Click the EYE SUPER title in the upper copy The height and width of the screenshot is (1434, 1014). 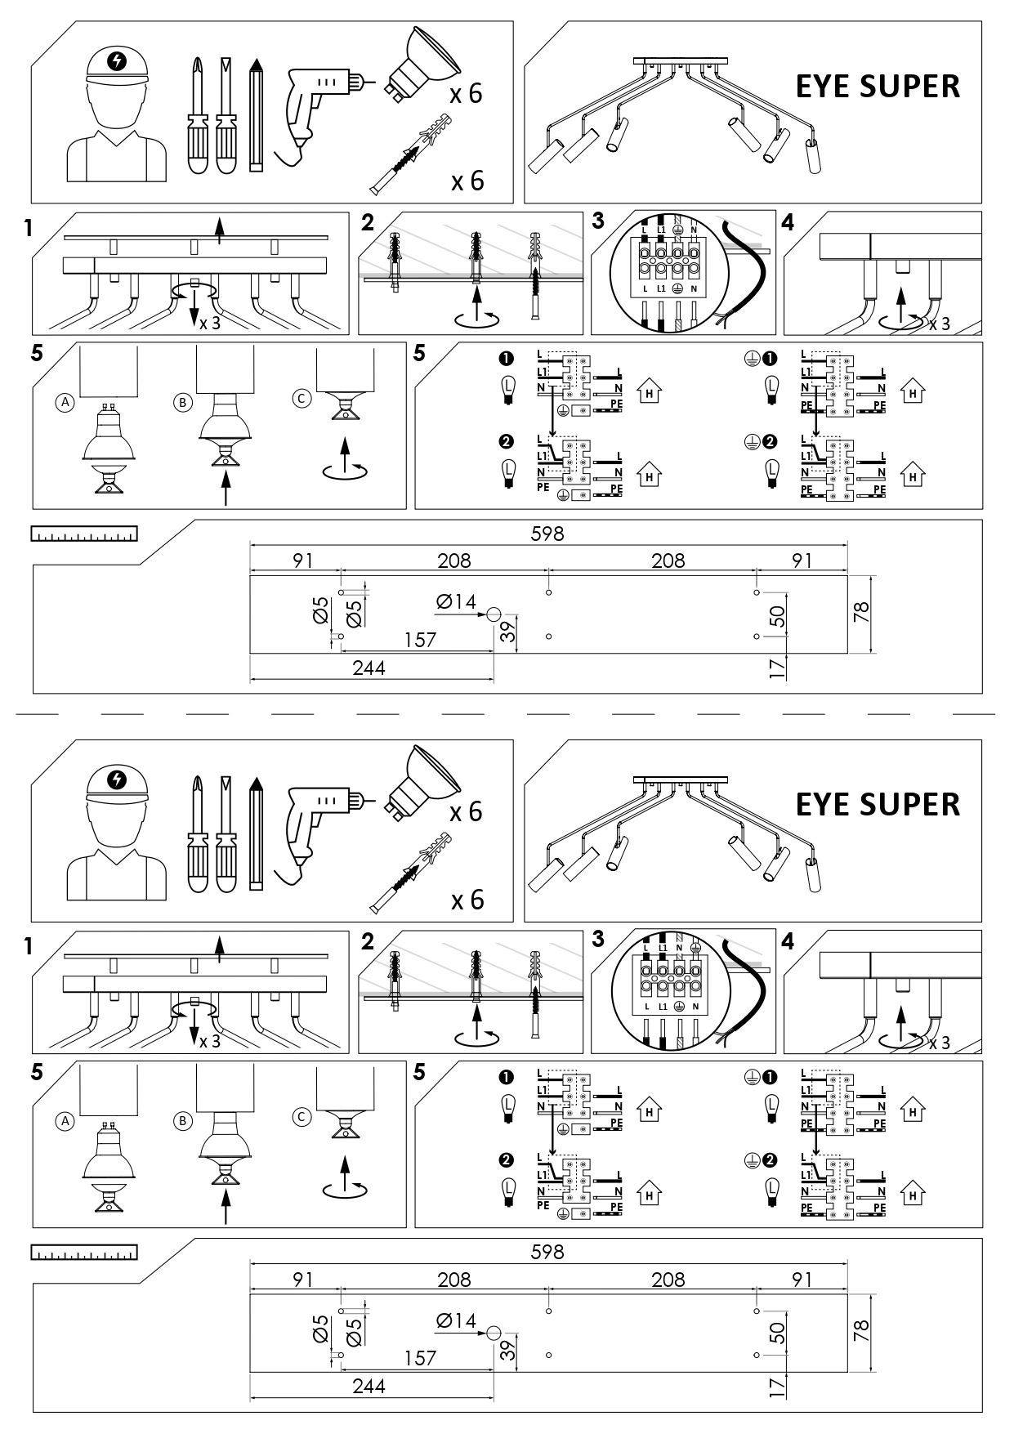coord(878,87)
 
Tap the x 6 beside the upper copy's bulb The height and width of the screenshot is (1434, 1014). coord(466,94)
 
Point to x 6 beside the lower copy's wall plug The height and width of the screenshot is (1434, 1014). coord(467,900)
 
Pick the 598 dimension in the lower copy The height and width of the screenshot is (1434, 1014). coord(547,1252)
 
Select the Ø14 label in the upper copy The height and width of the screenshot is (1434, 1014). coord(456,602)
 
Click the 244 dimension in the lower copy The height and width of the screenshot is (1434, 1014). coord(369,1386)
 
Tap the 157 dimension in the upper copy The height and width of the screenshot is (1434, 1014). coord(420,640)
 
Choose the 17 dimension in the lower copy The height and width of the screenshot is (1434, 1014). coord(778,1387)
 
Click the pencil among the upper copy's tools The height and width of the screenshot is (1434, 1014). coord(257,114)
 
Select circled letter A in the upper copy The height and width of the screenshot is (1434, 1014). coord(64,402)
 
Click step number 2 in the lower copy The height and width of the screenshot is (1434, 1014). coord(368,941)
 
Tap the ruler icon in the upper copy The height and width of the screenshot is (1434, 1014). coord(84,534)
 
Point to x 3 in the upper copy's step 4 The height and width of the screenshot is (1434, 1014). coord(940,324)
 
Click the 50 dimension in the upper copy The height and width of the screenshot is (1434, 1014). coord(778,616)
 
